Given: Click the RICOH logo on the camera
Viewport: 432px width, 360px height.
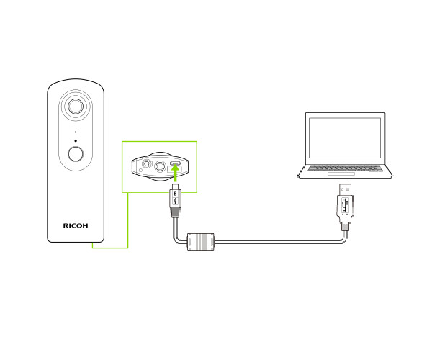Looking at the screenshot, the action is click(76, 225).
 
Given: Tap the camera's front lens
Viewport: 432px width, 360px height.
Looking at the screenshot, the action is click(76, 107).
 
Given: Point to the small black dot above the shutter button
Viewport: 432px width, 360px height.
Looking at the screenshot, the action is click(76, 140).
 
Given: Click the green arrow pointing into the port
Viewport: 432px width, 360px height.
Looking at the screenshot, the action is click(175, 172).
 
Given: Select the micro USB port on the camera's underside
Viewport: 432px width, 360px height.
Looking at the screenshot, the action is click(175, 163).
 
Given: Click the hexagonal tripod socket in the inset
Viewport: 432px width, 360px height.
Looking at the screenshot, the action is click(147, 163).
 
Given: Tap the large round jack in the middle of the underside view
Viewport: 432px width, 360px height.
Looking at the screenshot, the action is click(160, 166).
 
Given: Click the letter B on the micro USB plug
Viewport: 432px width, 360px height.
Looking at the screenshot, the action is click(175, 194).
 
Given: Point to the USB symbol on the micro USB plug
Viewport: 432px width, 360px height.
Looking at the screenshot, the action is click(175, 202).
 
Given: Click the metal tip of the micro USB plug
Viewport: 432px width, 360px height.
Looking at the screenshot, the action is click(175, 186).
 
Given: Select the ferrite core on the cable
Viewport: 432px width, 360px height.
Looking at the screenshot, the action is click(201, 242).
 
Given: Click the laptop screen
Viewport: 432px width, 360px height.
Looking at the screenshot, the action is click(345, 138).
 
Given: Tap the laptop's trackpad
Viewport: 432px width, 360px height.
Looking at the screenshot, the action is click(341, 174).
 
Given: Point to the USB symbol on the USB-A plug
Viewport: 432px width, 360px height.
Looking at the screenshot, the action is click(345, 205).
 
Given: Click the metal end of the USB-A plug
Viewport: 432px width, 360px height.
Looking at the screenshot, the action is click(345, 189).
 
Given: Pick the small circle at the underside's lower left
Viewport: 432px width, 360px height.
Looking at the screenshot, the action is click(140, 170).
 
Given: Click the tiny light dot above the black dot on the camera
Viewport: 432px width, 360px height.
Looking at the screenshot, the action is click(76, 132).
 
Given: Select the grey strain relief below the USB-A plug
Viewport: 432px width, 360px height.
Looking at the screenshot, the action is click(345, 227).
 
